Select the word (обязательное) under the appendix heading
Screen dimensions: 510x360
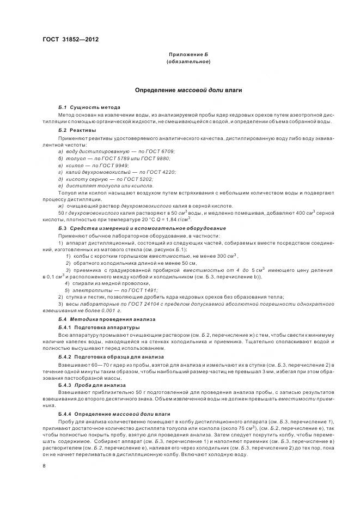pos(188,62)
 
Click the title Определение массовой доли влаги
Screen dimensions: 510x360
pos(188,89)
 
